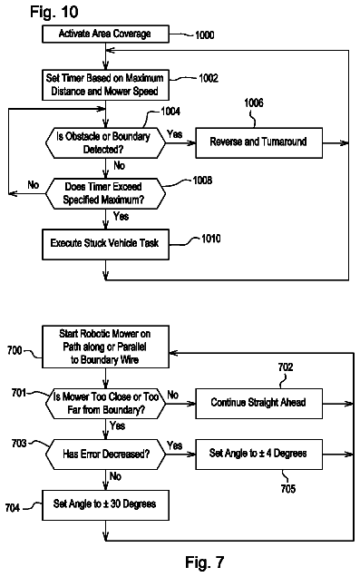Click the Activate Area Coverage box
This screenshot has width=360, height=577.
coord(105,34)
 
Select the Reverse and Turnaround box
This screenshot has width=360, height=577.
coord(258,142)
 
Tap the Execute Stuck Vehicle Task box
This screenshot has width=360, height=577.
coord(105,244)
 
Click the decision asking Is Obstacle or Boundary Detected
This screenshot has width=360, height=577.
coord(105,142)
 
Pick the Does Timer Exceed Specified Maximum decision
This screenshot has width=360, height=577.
coord(105,193)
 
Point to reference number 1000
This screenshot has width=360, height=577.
coord(204,35)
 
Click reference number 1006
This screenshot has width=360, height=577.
coord(254,103)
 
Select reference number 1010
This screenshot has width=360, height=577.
coord(210,239)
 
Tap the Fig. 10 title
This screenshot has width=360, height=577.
coord(54,12)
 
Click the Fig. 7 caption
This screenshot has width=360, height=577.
coord(204,562)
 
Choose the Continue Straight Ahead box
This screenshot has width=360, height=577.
coord(258,404)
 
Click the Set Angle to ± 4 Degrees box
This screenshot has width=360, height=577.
coord(258,455)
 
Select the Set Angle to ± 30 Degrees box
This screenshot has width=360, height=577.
coord(105,504)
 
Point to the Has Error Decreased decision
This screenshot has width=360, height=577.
coord(105,455)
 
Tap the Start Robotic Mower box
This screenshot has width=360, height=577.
coord(105,347)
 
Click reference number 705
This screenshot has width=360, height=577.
coord(288,488)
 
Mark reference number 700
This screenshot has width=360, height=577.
coord(15,350)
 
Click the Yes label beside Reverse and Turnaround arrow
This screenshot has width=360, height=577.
coord(174,134)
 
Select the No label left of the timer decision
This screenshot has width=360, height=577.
coord(33,184)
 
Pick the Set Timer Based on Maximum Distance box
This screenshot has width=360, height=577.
coord(105,85)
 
